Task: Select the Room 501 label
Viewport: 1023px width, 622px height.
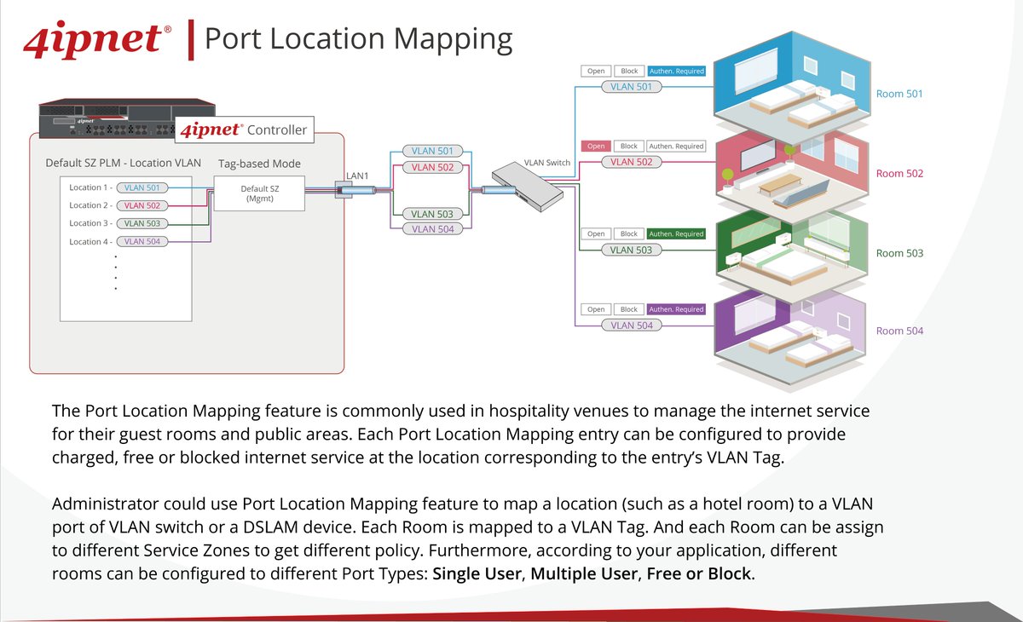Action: click(x=899, y=94)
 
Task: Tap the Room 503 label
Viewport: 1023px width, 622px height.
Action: click(x=899, y=253)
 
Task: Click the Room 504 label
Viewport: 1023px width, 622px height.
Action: click(x=899, y=331)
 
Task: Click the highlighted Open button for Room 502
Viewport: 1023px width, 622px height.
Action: click(x=596, y=147)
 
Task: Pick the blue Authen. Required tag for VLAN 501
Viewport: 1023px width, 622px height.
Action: click(x=676, y=72)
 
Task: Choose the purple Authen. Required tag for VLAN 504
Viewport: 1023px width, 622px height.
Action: click(x=676, y=309)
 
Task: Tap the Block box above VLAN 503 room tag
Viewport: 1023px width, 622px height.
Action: click(x=629, y=233)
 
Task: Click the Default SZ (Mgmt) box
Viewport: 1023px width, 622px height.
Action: click(x=259, y=193)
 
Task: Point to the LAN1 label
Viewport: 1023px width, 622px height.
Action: click(x=356, y=176)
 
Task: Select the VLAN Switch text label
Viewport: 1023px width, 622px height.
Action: click(x=546, y=162)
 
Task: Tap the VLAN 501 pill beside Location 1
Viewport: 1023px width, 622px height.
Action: click(x=142, y=187)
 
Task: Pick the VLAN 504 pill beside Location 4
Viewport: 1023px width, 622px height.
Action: click(x=142, y=242)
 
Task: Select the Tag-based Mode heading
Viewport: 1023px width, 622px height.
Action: click(x=259, y=163)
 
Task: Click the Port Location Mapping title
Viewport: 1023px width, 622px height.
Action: click(x=359, y=39)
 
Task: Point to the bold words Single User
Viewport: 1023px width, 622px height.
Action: click(x=478, y=573)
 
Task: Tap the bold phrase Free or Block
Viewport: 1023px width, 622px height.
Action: click(x=699, y=573)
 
